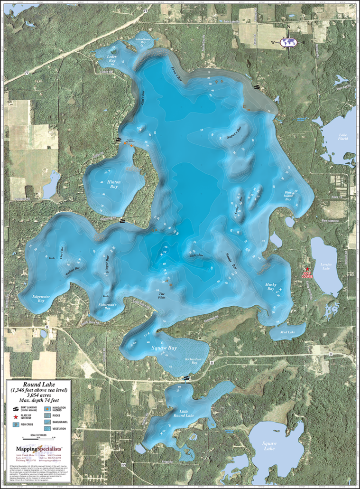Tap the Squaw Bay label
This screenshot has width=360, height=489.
pyautogui.click(x=164, y=348)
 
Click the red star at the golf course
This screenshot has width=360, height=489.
pyautogui.click(x=307, y=269)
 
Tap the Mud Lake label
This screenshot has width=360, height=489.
pyautogui.click(x=287, y=332)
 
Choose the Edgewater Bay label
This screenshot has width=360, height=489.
pyautogui.click(x=41, y=299)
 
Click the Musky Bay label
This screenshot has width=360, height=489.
pyautogui.click(x=271, y=287)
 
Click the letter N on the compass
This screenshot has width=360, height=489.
pyautogui.click(x=288, y=27)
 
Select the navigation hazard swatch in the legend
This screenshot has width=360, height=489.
pyautogui.click(x=48, y=408)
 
